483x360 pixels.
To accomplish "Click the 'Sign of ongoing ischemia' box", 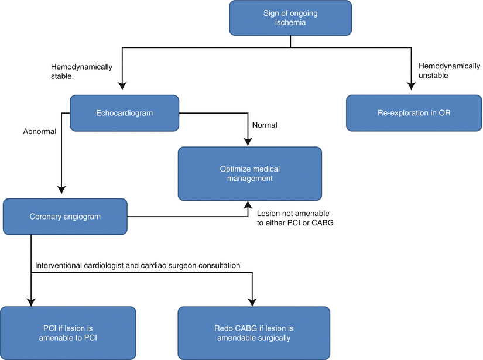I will click(x=291, y=18).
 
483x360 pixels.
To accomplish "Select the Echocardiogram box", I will click(x=125, y=113).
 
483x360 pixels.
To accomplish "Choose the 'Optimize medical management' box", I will click(x=250, y=173).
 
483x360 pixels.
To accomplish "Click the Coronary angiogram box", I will click(x=65, y=217).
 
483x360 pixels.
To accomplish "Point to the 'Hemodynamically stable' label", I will click(x=81, y=72).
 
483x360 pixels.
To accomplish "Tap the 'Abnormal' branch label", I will click(x=40, y=132).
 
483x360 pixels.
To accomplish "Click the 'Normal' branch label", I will click(x=265, y=125).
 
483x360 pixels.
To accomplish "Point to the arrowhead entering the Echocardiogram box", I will click(x=122, y=87).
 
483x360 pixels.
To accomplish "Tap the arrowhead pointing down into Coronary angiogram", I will click(x=61, y=189).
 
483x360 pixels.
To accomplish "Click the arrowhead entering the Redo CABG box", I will click(x=252, y=301).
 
